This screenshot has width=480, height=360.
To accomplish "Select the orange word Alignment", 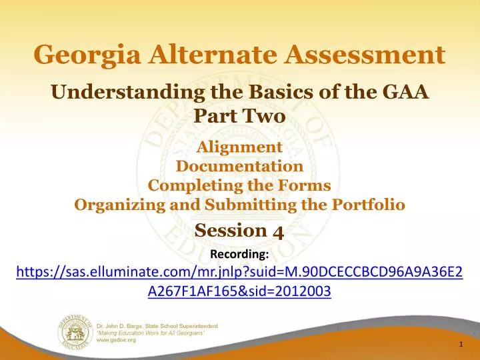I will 240,147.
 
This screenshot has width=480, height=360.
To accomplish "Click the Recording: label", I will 239,254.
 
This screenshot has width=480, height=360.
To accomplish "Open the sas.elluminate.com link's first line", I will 239,273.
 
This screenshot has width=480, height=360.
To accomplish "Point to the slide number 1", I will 461,344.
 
